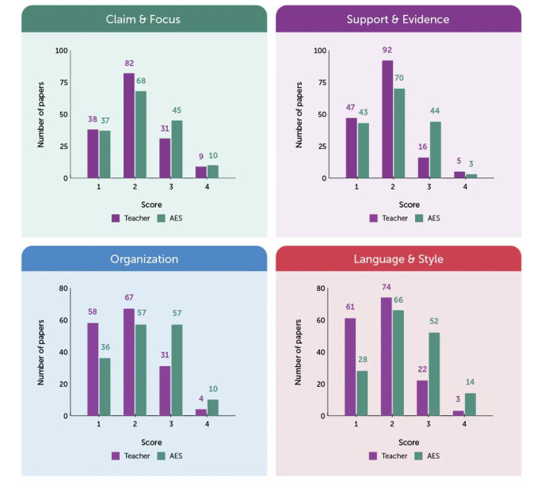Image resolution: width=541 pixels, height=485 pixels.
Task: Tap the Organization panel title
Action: (143, 258)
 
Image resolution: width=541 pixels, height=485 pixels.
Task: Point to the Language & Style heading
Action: (398, 258)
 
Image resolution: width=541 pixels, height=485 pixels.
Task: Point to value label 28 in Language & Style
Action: (361, 362)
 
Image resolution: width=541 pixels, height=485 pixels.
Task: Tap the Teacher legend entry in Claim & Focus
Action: (126, 216)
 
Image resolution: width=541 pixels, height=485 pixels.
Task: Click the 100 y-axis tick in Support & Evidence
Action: (320, 51)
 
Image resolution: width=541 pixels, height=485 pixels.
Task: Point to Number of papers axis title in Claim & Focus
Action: (41, 114)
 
